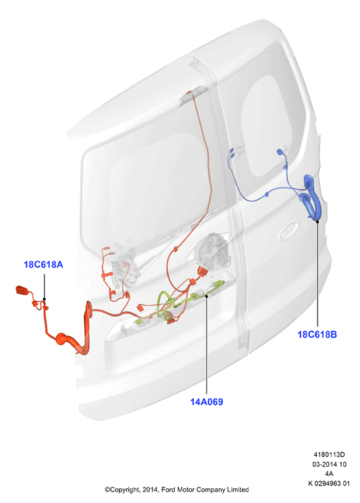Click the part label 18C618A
(x=43, y=265)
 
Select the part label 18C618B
(x=317, y=334)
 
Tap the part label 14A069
(x=206, y=402)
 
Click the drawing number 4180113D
(x=329, y=454)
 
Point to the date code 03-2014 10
(x=329, y=465)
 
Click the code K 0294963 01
(x=329, y=483)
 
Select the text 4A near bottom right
(x=329, y=473)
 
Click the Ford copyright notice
(x=176, y=489)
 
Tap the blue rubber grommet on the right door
(x=311, y=196)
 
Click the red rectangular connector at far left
(x=22, y=290)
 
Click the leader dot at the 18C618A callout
(x=45, y=299)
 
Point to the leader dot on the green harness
(x=207, y=296)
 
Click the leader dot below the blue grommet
(x=317, y=221)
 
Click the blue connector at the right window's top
(x=280, y=152)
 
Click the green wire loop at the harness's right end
(x=218, y=284)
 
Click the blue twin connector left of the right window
(x=232, y=153)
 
